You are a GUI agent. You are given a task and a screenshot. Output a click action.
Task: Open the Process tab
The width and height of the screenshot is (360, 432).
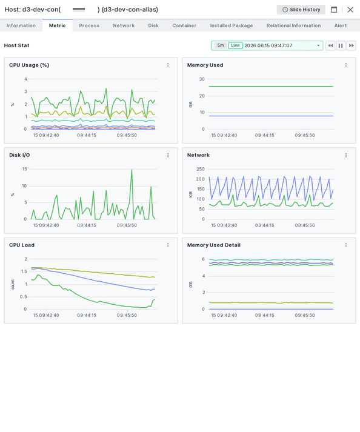coord(89,25)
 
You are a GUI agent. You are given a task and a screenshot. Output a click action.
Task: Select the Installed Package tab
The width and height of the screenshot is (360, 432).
coord(232,25)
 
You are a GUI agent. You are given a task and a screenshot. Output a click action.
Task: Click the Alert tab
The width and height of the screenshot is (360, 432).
coord(341,25)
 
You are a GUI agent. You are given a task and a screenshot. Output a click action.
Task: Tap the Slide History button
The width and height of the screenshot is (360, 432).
coord(301,10)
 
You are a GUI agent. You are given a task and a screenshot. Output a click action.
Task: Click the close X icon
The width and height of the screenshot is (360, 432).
coord(350,10)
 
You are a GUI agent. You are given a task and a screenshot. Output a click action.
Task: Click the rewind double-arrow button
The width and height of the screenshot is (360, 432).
coord(330,45)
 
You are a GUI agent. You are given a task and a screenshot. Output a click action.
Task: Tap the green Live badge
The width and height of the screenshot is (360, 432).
coord(235,45)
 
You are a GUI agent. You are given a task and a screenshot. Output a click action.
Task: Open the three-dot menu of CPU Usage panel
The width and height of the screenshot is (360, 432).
coord(168,65)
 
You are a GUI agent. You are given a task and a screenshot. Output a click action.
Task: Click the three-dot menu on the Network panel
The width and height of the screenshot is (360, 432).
coord(346,155)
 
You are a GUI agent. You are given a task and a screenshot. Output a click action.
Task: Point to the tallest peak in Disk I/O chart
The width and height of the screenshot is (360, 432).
coord(132,170)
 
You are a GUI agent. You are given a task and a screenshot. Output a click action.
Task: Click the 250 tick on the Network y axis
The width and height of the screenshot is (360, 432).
coord(201,169)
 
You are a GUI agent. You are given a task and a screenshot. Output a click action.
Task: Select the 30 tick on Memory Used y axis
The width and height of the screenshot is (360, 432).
coord(202,79)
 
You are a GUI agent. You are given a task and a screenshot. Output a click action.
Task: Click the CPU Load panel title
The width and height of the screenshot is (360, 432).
coord(22,245)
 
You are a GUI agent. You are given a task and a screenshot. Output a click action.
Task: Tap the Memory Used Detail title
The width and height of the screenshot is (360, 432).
coord(214,245)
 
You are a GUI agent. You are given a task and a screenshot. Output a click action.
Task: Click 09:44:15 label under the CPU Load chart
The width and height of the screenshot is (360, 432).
coord(87,315)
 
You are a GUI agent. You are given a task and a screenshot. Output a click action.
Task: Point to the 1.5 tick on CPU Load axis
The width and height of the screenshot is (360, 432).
coord(24,271)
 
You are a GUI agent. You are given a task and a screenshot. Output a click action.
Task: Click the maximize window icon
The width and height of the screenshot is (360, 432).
coord(334,10)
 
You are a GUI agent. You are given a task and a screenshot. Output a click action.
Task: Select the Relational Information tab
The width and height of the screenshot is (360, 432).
coord(293,25)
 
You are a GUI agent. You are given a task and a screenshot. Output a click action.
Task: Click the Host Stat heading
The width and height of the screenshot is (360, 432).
coord(16,45)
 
